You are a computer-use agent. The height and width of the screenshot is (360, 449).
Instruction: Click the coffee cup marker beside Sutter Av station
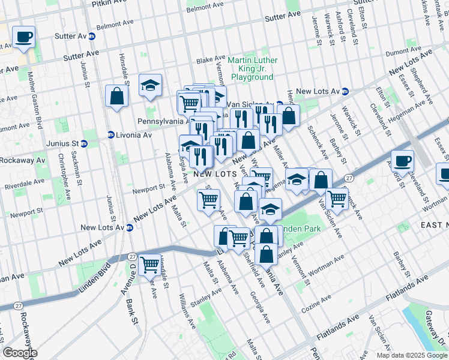click(x=23, y=37)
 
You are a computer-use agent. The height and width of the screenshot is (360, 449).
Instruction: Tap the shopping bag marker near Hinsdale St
click(x=116, y=96)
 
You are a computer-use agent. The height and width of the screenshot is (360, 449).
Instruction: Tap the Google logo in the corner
click(x=20, y=353)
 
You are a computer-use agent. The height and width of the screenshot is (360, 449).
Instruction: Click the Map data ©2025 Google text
click(x=412, y=355)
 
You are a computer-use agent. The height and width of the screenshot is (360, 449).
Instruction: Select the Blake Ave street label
click(x=210, y=61)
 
